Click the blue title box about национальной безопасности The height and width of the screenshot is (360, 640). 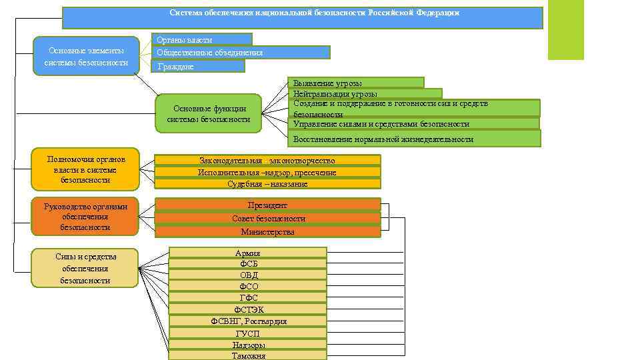tap(303, 18)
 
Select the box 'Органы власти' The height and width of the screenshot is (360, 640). tap(202, 40)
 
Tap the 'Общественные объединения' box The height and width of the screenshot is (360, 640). tap(241, 53)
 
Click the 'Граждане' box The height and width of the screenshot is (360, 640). tap(198, 67)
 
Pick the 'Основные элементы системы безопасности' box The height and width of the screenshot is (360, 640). tap(86, 57)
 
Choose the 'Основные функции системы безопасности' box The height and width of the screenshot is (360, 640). tap(209, 113)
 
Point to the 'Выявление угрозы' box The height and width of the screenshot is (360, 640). tap(357, 83)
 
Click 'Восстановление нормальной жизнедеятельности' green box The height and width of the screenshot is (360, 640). tap(415, 139)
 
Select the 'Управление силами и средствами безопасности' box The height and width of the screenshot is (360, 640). tap(415, 124)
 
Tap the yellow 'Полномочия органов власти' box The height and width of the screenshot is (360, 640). tap(85, 169)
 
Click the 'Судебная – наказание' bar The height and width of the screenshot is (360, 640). tap(267, 184)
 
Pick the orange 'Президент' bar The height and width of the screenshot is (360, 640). tap(267, 205)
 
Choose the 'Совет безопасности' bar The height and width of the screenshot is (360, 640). tap(267, 219)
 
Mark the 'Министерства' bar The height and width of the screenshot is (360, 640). tap(267, 232)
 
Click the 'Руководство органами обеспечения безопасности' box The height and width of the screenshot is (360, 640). tap(85, 217)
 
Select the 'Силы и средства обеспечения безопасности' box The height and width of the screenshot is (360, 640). tap(85, 268)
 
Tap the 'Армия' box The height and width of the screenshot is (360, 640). tap(248, 253)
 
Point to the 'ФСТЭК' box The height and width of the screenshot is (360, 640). tap(248, 310)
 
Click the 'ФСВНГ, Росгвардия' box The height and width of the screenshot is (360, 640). tap(248, 321)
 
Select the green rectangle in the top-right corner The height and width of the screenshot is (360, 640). tap(565, 30)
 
